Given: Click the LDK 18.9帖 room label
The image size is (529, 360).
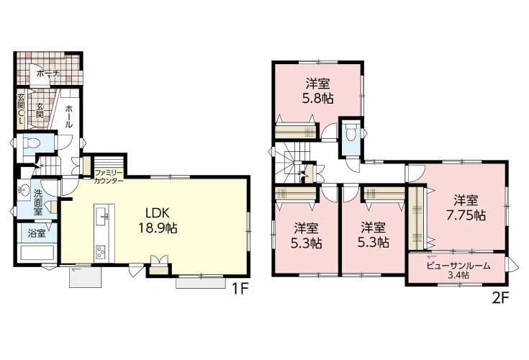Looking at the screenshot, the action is point(157,221).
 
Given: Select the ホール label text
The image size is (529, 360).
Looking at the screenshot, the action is point(68,117).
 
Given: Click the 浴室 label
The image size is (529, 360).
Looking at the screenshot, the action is point(37,233).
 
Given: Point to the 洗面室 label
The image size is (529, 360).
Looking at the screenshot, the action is point(37,202).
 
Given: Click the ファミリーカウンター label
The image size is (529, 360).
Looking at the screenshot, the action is point(109,176).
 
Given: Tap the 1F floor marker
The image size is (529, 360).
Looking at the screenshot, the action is point(240,289).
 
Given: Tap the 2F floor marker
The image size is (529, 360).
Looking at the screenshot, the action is point(500,298).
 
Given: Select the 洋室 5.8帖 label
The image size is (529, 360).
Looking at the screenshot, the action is point(317,91).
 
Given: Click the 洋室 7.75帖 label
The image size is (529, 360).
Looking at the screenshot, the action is point(466,207).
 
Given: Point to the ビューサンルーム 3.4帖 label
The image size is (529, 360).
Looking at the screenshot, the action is point(458,270).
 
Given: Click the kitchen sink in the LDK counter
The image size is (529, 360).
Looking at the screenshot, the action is point(102,216).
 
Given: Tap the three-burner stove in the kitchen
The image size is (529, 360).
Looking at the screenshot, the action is point(101,252).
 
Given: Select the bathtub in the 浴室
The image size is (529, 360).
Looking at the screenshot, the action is point(37,253).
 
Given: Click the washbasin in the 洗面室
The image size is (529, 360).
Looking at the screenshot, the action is point(23,190).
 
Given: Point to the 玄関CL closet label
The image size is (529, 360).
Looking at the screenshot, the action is point(21,109).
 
